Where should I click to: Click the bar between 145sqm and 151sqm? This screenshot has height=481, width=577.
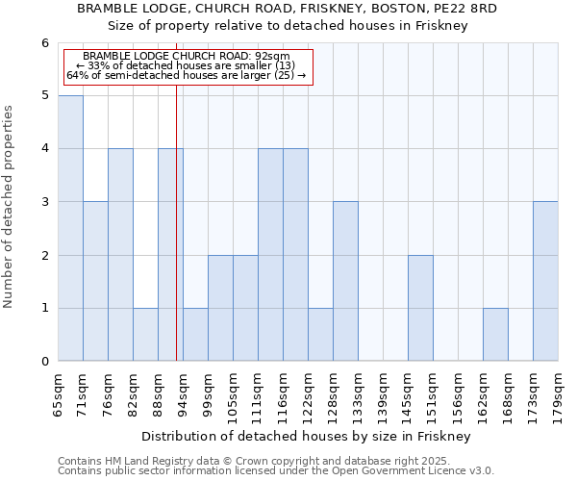tap(420, 308)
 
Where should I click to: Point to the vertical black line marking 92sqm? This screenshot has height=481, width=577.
tap(176, 240)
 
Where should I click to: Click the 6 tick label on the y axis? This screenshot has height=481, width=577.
tap(44, 43)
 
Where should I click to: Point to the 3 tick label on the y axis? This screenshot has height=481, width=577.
tap(44, 202)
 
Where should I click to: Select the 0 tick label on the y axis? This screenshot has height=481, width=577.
tap(44, 362)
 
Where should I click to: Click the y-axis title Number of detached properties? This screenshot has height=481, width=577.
tap(11, 207)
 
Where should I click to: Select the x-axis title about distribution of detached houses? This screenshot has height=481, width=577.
tap(308, 437)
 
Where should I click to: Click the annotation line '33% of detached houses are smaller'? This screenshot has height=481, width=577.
tap(188, 65)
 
